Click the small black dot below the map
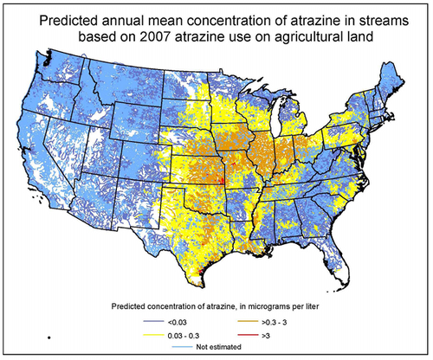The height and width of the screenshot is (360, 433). point(50,336)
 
